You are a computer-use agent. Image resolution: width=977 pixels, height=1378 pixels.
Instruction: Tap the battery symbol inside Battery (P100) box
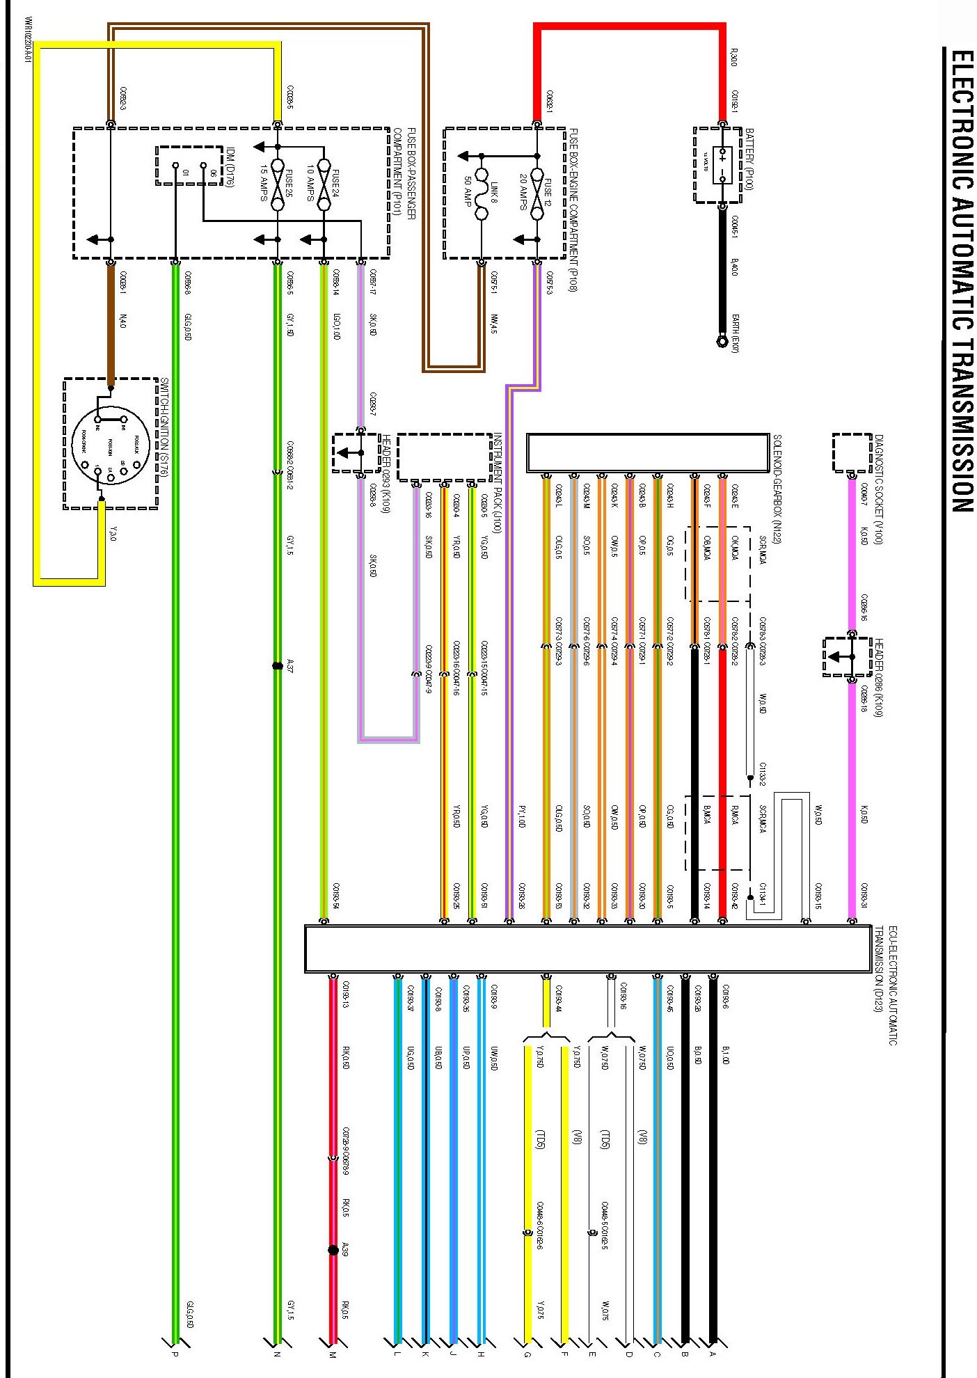[x=723, y=165]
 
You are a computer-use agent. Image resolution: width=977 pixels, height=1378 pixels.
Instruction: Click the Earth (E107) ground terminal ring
[x=722, y=341]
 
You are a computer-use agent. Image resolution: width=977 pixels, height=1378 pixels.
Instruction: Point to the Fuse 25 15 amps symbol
[x=278, y=184]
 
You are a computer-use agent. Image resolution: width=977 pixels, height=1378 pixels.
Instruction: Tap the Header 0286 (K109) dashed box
[x=847, y=656]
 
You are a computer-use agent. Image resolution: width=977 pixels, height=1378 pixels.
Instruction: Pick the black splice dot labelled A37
[x=278, y=665]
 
